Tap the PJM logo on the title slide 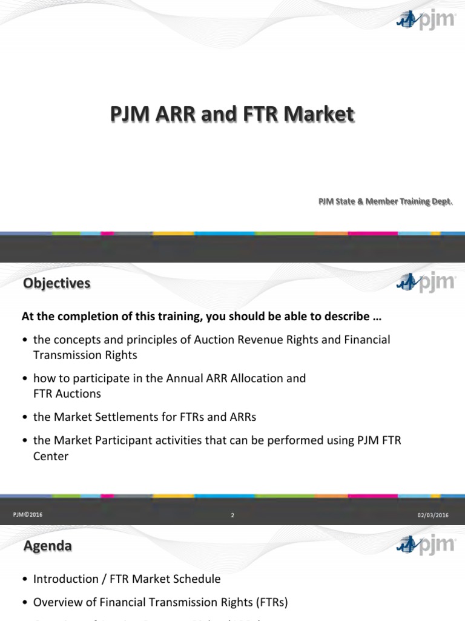[425, 21]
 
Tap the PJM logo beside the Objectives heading [425, 282]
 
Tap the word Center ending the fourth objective [51, 456]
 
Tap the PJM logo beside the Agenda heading [425, 543]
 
